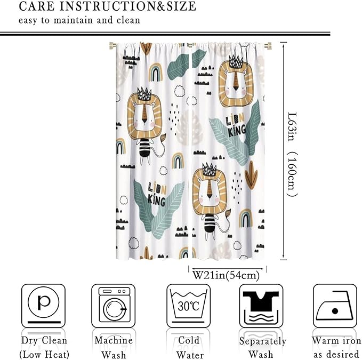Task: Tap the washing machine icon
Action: point(114,306)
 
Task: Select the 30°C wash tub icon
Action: point(189,306)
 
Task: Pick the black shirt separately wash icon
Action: point(261,306)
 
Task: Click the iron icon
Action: point(335,306)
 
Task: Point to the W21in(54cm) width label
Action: point(226,275)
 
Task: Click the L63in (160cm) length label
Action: point(292,155)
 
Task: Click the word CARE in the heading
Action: point(37,6)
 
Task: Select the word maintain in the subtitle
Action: point(73,20)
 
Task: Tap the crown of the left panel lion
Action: point(144,94)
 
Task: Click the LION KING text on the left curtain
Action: point(157,194)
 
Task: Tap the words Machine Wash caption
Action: point(114,347)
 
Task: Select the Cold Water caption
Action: point(189,347)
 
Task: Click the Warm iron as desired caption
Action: point(336,347)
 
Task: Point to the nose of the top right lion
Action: point(236,89)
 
